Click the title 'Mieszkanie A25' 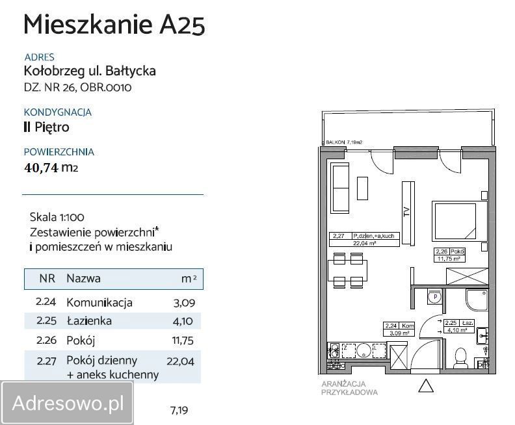point(114,25)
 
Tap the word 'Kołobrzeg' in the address point(51,71)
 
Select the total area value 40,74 point(42,168)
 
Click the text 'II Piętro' point(46,127)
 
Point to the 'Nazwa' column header point(83,279)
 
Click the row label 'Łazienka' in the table point(89,321)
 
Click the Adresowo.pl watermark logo point(68,403)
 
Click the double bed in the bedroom point(458,222)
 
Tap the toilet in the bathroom point(460,358)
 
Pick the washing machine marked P point(433,298)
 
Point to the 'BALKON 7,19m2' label point(344,141)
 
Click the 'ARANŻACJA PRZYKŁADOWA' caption point(349,388)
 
